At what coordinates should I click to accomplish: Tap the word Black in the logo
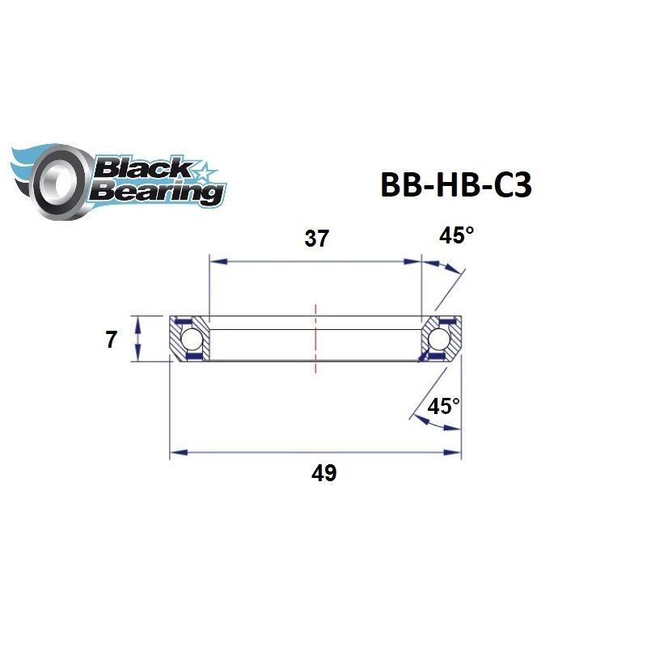(x=142, y=168)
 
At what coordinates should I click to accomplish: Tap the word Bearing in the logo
(x=155, y=192)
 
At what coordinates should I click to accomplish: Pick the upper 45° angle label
(x=455, y=236)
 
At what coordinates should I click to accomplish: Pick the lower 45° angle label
(x=443, y=406)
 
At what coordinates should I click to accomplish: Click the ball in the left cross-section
(x=192, y=338)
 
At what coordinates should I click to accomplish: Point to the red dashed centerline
(x=315, y=340)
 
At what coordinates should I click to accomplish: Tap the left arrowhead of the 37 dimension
(x=215, y=261)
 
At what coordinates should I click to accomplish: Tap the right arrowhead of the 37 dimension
(x=416, y=261)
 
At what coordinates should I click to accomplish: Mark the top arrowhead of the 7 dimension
(x=140, y=321)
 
